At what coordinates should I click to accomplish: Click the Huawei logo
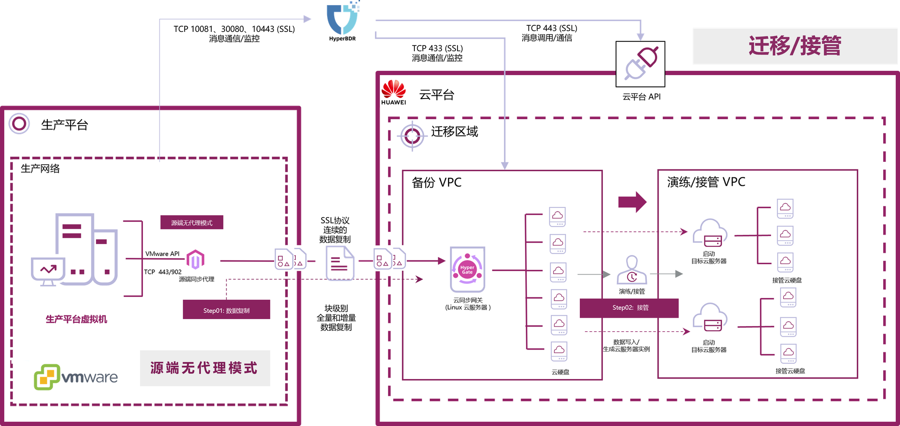(394, 91)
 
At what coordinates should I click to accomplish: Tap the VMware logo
(76, 377)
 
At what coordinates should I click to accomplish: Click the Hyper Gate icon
(467, 269)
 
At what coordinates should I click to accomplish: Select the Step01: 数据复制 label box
(226, 310)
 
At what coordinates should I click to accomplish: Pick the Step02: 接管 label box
(629, 308)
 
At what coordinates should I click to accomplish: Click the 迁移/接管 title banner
(795, 46)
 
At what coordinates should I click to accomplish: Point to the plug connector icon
(640, 64)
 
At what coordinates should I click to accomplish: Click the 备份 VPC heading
(436, 183)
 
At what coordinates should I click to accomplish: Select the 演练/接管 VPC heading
(706, 182)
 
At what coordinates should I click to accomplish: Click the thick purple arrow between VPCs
(632, 202)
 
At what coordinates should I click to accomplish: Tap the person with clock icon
(632, 270)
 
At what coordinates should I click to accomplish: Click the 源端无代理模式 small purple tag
(192, 222)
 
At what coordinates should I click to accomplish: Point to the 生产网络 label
(40, 168)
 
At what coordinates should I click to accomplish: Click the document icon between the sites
(340, 263)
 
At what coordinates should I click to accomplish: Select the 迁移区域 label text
(454, 132)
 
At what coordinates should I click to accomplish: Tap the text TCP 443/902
(163, 272)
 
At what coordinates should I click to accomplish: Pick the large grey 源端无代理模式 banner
(205, 368)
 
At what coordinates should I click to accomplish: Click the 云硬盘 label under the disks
(560, 372)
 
